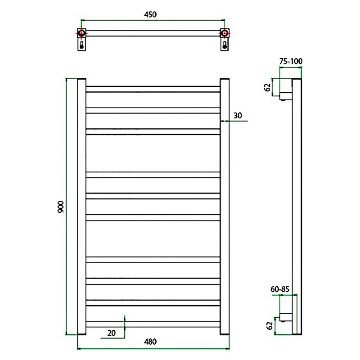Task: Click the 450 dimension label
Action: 150,14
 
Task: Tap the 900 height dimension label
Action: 61,207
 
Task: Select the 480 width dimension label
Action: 150,342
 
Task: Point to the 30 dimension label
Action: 238,116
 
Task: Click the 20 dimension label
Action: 111,333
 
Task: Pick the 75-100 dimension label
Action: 291,61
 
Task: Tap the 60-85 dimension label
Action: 279,289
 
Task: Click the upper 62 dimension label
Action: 267,87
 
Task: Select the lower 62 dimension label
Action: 270,325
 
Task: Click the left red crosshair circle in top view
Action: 81,33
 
